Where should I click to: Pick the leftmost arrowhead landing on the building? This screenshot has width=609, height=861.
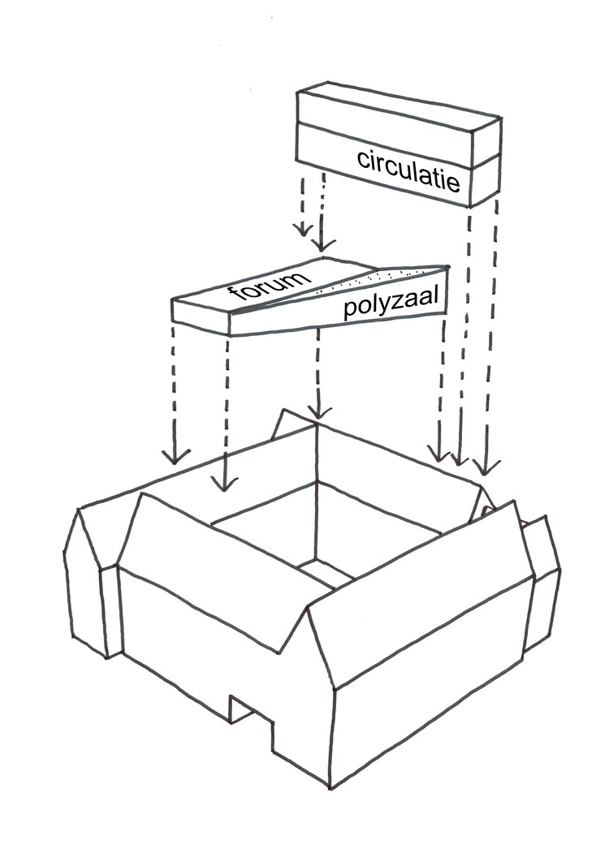click(175, 454)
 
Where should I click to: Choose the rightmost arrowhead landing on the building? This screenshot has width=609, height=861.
click(486, 468)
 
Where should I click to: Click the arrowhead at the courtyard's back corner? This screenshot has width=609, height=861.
click(317, 411)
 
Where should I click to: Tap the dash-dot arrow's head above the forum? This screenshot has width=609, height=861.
click(323, 243)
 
